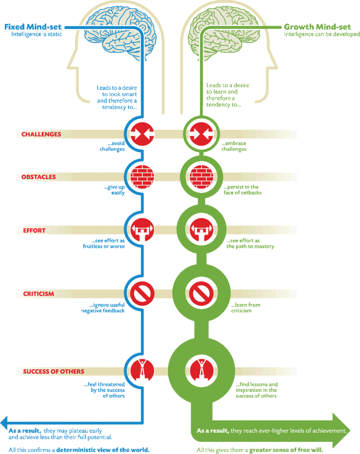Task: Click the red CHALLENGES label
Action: tap(41, 134)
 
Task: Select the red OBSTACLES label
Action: tap(39, 177)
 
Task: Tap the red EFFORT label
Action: tap(34, 231)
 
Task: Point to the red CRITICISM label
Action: tap(39, 294)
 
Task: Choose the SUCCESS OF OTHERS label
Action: tap(54, 372)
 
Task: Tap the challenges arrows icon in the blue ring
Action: tap(141, 134)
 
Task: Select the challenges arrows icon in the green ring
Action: tap(202, 134)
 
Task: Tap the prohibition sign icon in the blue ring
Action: tap(142, 294)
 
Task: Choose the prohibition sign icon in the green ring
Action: tap(202, 294)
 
